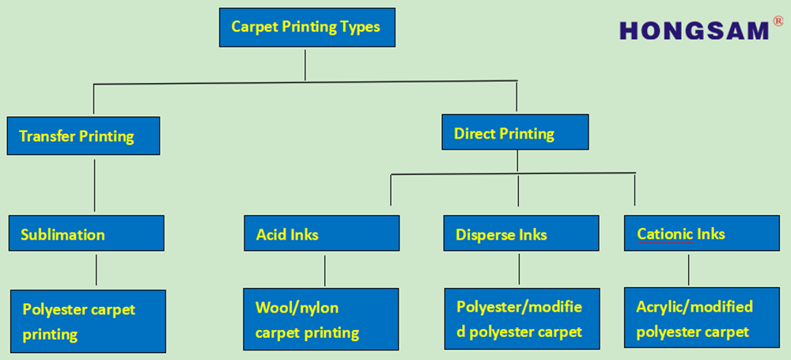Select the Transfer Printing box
(x=82, y=135)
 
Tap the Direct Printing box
(x=514, y=133)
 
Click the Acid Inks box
(x=321, y=234)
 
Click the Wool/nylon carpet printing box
(x=320, y=319)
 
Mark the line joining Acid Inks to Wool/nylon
(x=325, y=269)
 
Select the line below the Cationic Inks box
(x=688, y=269)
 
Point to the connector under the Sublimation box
(x=96, y=269)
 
